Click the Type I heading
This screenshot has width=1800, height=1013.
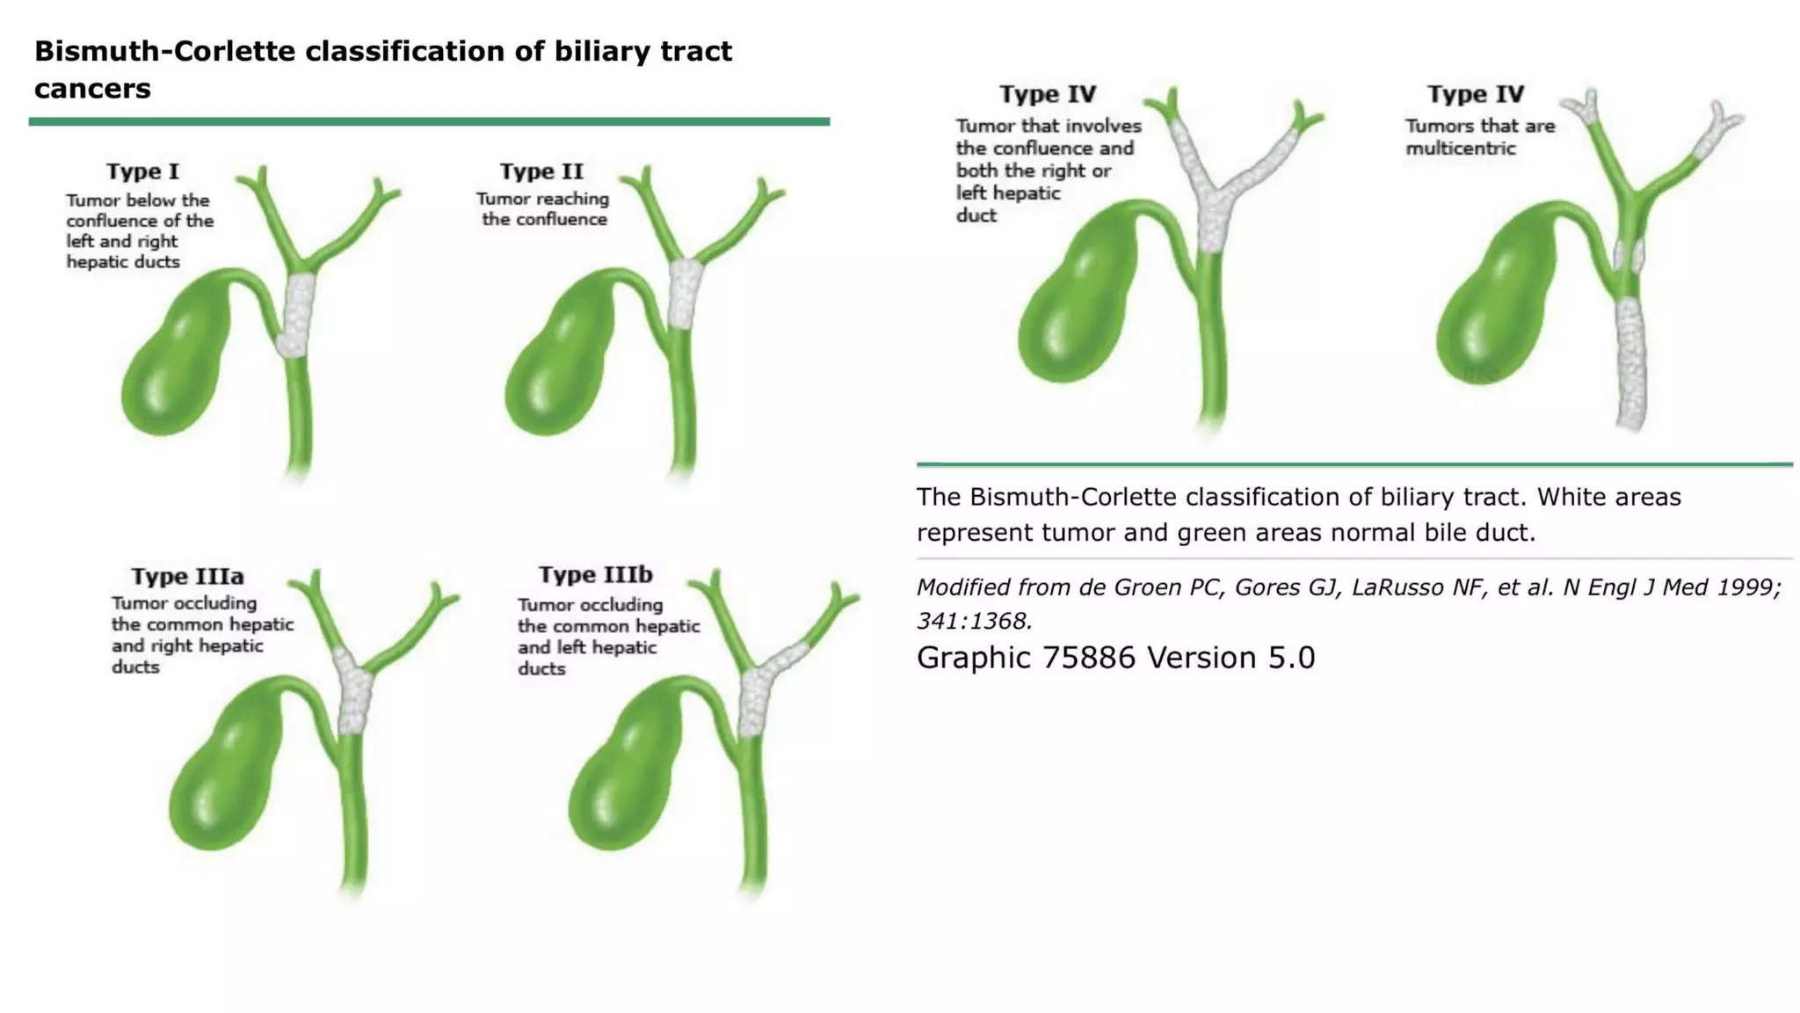tap(142, 171)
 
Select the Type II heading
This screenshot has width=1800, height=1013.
tap(541, 171)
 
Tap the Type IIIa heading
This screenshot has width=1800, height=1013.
tap(187, 577)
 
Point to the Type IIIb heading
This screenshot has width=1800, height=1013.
tap(595, 575)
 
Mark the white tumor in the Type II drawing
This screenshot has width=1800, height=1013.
tap(683, 293)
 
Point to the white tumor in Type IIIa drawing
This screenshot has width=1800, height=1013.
tap(353, 695)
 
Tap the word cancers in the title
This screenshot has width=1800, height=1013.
tap(92, 89)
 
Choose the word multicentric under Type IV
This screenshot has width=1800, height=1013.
tap(1460, 149)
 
